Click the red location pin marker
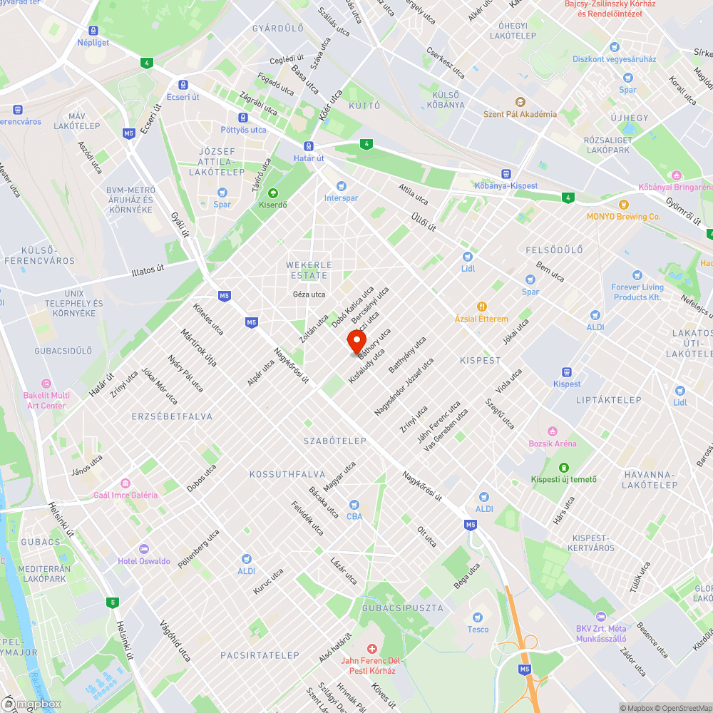356,339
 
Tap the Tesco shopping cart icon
478,617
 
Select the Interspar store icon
341,185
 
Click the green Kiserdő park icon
272,193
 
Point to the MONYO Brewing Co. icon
624,205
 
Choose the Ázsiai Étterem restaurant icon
482,307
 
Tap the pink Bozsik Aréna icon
552,431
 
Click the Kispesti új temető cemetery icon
563,467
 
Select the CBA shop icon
354,504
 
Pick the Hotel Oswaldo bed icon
144,549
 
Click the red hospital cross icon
371,648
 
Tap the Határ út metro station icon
309,145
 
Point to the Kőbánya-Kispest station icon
506,173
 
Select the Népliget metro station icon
93,31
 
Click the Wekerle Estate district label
307,270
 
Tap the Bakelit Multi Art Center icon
47,384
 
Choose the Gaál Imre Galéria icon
125,483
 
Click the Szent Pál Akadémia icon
520,102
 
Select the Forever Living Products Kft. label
637,292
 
